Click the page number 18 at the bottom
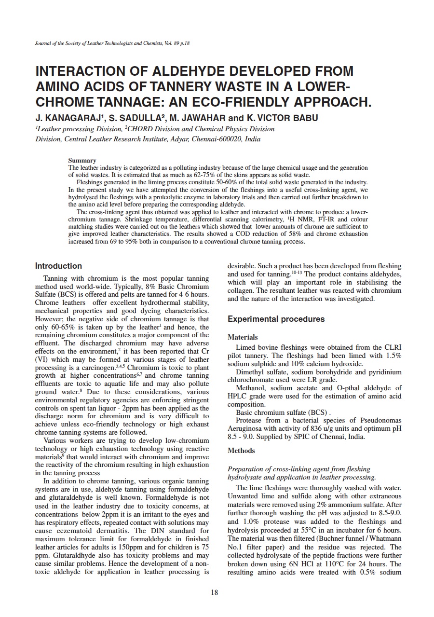click(x=215, y=592)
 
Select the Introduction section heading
click(x=58, y=266)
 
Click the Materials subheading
click(x=243, y=337)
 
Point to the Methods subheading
click(x=241, y=451)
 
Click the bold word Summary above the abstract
click(x=82, y=160)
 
